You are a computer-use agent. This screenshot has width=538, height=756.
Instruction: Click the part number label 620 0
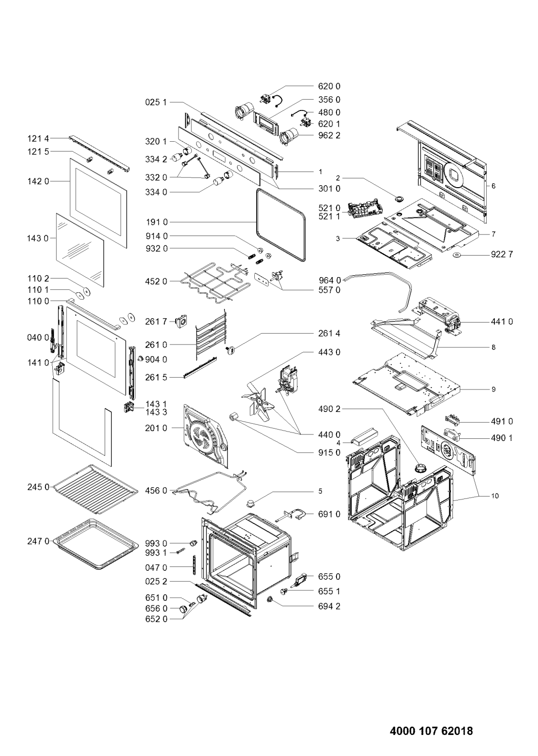pos(329,86)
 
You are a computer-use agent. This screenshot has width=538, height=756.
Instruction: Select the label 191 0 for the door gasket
pos(157,222)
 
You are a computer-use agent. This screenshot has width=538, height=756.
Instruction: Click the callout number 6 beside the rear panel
pos(493,186)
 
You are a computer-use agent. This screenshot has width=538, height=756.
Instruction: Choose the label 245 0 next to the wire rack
pos(38,487)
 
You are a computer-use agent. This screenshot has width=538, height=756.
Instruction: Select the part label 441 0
pos(502,322)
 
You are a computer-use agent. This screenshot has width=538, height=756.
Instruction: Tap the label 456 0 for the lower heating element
pos(157,491)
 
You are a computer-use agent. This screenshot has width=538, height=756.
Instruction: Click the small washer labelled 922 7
pos(458,254)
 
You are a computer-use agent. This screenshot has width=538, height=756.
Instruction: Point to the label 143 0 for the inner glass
pos(38,238)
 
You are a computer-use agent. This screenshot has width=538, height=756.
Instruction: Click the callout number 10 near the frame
pos(495,496)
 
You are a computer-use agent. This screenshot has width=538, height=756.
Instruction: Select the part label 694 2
pos(329,606)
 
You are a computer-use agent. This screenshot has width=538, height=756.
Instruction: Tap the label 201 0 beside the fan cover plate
pos(157,428)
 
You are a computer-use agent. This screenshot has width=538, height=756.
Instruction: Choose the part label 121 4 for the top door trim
pos(38,138)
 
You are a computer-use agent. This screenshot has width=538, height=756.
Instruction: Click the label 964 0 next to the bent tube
pos(330,280)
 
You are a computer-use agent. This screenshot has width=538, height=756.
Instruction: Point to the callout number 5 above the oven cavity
pos(320,491)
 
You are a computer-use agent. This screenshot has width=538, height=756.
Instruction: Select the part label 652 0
pos(157,619)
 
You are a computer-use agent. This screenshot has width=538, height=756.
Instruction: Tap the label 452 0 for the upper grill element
pos(157,281)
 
